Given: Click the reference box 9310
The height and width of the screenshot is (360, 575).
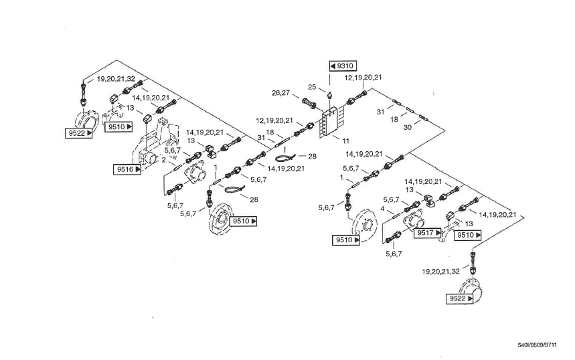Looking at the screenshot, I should [342, 66].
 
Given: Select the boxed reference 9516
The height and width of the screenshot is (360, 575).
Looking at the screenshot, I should [127, 169].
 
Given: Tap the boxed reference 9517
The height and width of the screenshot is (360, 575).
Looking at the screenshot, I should [429, 233].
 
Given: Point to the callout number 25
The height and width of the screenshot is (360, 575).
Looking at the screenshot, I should [312, 87].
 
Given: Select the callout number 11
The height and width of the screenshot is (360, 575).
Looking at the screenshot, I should [346, 141].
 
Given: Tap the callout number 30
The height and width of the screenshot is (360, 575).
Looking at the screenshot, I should [408, 127].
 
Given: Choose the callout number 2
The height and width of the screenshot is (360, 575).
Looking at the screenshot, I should [163, 160].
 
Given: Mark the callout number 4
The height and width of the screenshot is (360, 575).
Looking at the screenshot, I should [382, 209].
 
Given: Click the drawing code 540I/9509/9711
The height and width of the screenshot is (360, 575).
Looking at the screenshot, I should [537, 345].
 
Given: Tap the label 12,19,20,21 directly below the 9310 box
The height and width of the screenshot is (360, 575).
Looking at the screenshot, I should [363, 78].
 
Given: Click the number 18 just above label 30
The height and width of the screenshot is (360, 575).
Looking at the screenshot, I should [394, 118].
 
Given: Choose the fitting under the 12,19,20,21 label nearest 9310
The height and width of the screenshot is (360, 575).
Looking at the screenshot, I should [354, 100].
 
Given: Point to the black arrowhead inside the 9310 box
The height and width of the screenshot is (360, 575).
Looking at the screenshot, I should [333, 66].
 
